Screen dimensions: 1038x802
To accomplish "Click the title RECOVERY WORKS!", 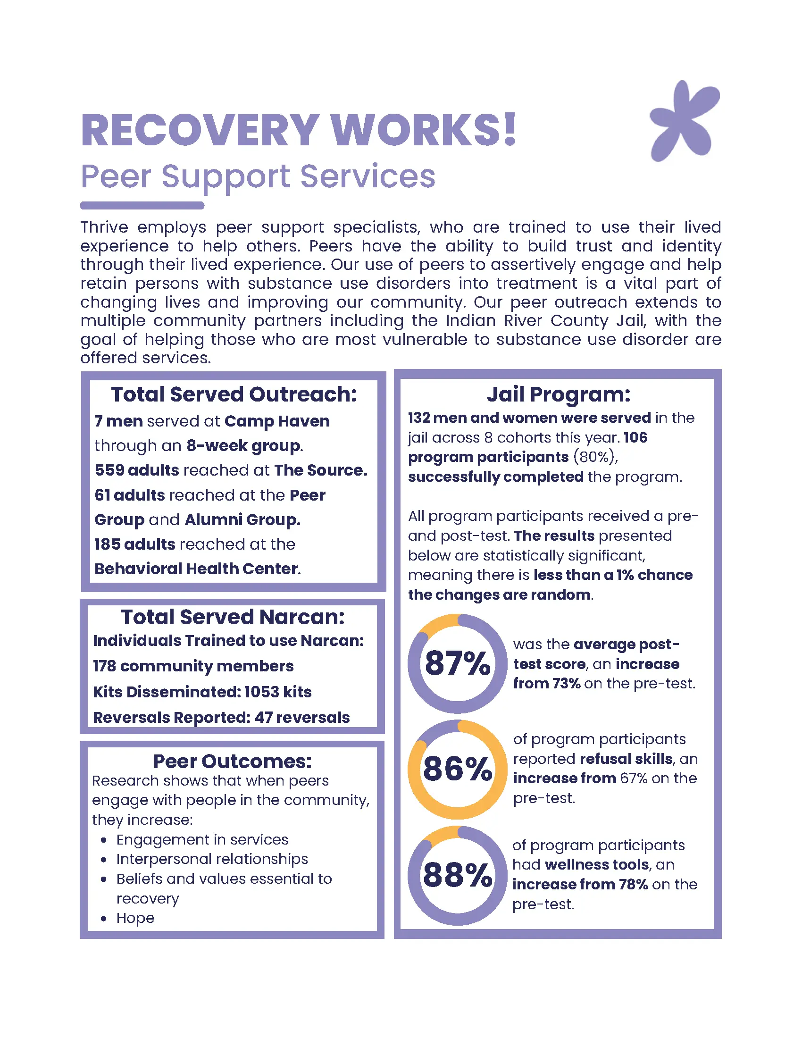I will tap(298, 130).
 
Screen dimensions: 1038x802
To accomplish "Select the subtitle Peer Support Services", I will tap(258, 176).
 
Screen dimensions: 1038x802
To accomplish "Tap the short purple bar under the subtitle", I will tap(142, 205).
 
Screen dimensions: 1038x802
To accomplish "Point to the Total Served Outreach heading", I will tap(234, 394).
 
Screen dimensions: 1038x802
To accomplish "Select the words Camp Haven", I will tap(277, 421).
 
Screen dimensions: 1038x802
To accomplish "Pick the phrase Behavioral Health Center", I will tap(196, 569).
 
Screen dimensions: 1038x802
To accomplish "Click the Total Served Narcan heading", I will tap(233, 617).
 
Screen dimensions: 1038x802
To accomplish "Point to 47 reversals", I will tap(302, 717).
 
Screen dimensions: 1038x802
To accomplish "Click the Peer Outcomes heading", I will tap(232, 761).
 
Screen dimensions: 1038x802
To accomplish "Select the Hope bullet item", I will tap(135, 918).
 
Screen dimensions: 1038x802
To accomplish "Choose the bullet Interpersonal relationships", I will tap(212, 859).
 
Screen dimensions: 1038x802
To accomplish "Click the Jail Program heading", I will tap(558, 394).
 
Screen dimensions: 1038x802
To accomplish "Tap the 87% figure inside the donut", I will tap(458, 663).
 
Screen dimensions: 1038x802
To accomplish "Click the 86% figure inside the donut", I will tap(458, 769).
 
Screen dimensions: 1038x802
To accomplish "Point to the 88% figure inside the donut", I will tap(458, 875).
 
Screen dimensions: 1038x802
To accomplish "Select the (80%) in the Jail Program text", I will tap(595, 457).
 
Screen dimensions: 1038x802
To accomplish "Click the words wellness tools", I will tap(597, 864).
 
